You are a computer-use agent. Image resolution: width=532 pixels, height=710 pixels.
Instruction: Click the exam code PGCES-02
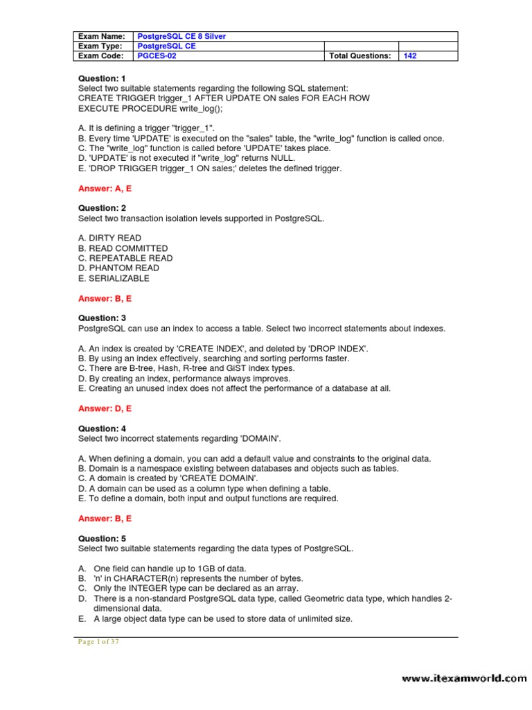pyautogui.click(x=157, y=56)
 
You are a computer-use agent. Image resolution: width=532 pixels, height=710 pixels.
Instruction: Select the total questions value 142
pyautogui.click(x=410, y=56)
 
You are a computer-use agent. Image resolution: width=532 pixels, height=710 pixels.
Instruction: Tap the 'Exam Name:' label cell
pyautogui.click(x=102, y=36)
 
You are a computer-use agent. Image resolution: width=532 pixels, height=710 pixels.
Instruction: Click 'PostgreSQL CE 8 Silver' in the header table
pyautogui.click(x=181, y=36)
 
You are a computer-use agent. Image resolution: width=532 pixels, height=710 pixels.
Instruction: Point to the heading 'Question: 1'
pyautogui.click(x=102, y=78)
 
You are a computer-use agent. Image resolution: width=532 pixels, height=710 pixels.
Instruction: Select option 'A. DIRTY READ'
pyautogui.click(x=110, y=238)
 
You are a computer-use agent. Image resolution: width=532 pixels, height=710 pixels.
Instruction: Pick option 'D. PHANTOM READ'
pyautogui.click(x=118, y=268)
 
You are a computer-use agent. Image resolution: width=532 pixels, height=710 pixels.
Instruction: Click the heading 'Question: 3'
pyautogui.click(x=102, y=318)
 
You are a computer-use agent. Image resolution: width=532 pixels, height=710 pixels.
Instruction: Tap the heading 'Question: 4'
pyautogui.click(x=102, y=428)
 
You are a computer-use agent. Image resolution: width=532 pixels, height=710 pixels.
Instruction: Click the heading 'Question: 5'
pyautogui.click(x=102, y=539)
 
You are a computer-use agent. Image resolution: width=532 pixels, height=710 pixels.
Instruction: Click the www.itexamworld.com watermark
pyautogui.click(x=464, y=679)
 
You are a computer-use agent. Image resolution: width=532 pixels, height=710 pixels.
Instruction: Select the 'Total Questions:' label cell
pyautogui.click(x=360, y=56)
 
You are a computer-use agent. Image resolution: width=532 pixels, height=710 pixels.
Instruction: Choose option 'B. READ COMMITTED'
pyautogui.click(x=123, y=248)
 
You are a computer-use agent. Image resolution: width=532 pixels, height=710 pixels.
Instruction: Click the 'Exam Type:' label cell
pyautogui.click(x=102, y=46)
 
